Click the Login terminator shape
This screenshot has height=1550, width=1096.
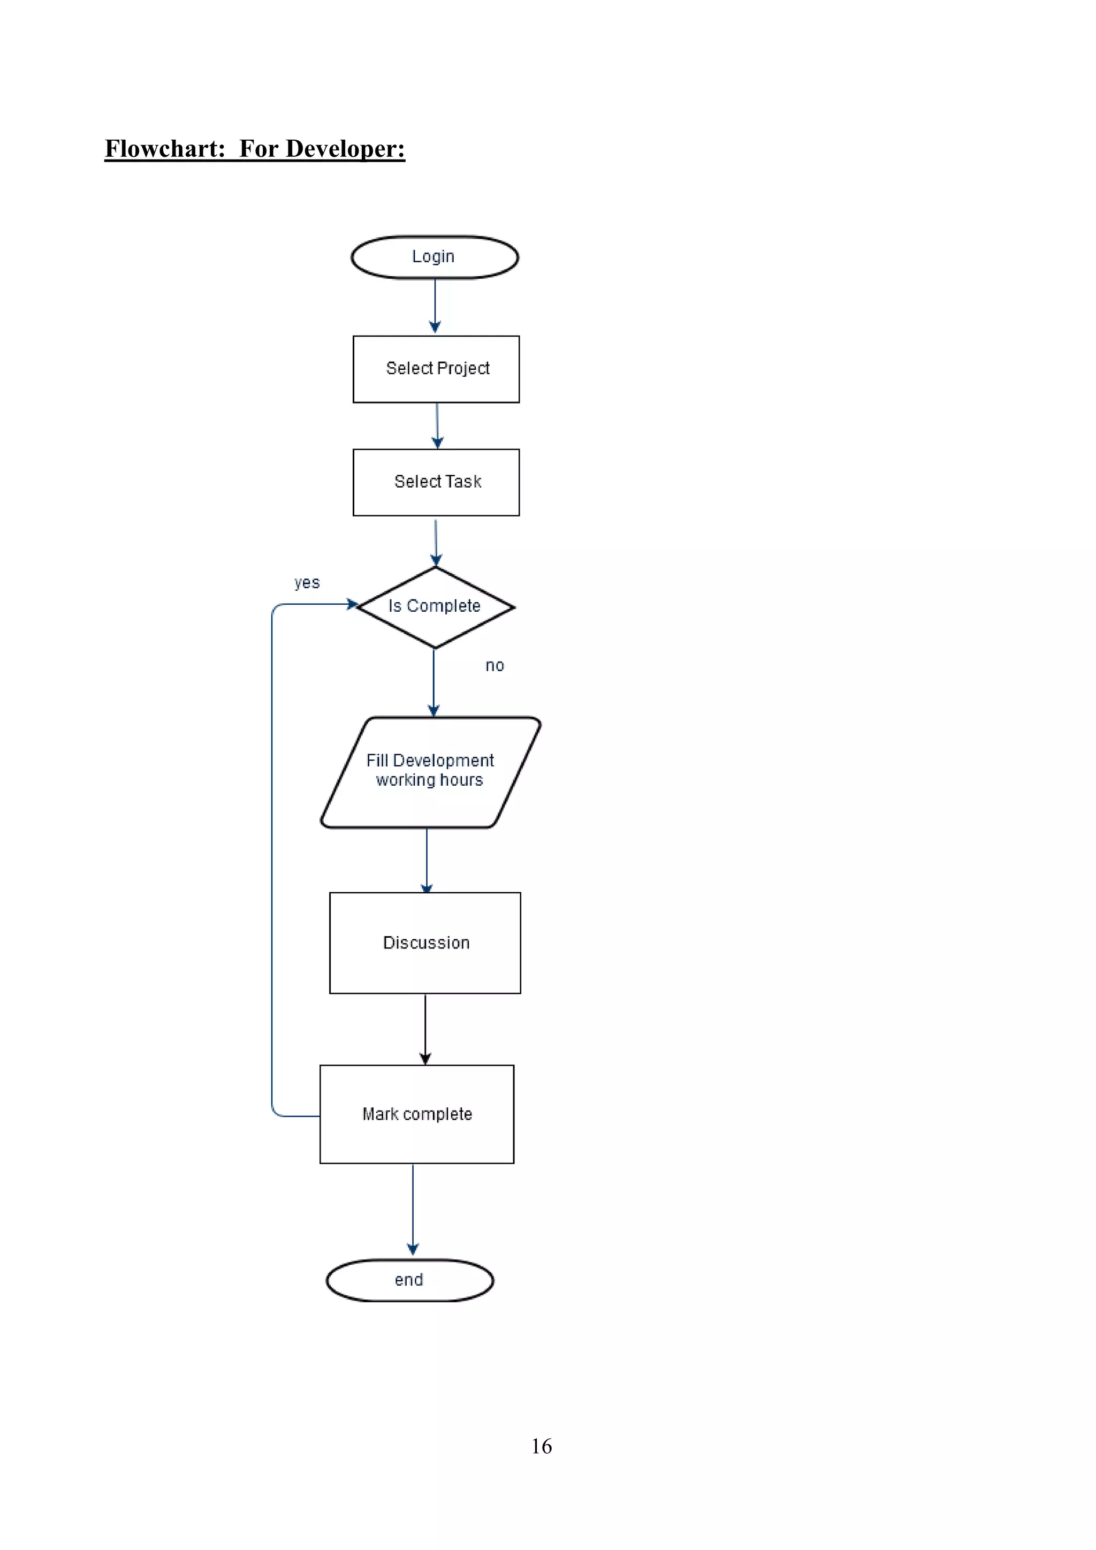[x=435, y=257]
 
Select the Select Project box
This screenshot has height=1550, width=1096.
[x=436, y=369]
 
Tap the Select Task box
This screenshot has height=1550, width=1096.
[x=436, y=482]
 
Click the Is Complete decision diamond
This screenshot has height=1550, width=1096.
[x=435, y=606]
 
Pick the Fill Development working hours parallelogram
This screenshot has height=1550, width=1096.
[x=430, y=772]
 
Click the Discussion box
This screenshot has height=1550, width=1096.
[x=425, y=943]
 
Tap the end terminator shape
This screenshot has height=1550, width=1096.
[x=409, y=1280]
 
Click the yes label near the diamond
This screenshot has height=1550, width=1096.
[x=307, y=583]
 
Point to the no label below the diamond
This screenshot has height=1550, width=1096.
[x=494, y=666]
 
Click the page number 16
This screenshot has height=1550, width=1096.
[x=541, y=1446]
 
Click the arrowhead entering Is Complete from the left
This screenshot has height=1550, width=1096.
[x=352, y=604]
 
